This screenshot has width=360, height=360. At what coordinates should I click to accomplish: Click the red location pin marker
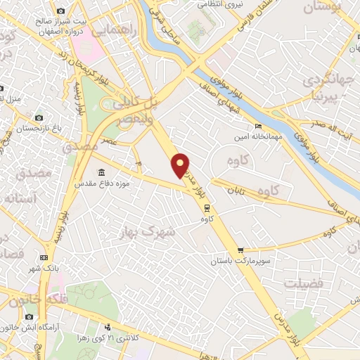click(x=181, y=165)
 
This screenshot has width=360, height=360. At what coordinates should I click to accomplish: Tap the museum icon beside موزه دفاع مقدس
click(x=103, y=172)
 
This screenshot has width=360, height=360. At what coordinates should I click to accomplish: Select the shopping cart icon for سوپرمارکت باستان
click(x=241, y=250)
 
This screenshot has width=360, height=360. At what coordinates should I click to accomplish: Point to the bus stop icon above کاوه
click(x=207, y=207)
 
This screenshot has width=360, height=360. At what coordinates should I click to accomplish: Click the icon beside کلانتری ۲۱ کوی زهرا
click(x=107, y=327)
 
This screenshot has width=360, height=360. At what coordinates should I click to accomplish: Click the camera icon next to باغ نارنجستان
click(x=39, y=117)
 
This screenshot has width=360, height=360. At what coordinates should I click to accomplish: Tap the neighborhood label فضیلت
click(x=304, y=283)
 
